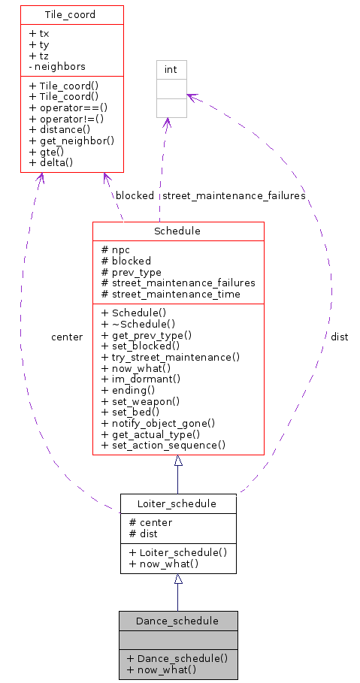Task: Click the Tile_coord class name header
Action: (x=72, y=14)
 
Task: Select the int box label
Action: (x=171, y=70)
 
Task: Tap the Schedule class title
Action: (x=177, y=231)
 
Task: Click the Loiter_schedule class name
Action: (x=177, y=503)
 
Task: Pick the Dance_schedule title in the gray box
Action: (x=177, y=621)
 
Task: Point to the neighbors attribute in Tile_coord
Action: (x=57, y=66)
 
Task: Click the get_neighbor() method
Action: (x=71, y=141)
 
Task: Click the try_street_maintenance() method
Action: (x=170, y=357)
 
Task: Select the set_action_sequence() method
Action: (x=163, y=445)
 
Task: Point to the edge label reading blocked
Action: (x=135, y=195)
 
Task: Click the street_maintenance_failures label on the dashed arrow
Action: (x=234, y=195)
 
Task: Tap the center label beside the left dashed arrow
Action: (x=67, y=337)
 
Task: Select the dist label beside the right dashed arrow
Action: (x=339, y=337)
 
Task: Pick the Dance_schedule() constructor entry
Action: (x=177, y=657)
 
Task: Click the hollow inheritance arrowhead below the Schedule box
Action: (x=177, y=461)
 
